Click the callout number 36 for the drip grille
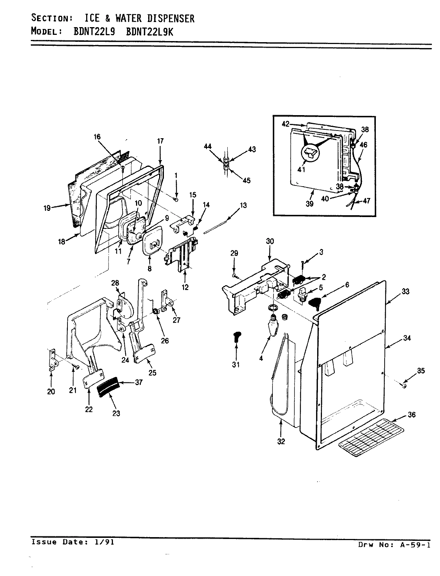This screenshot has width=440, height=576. pyautogui.click(x=412, y=415)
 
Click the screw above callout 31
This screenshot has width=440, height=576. pyautogui.click(x=236, y=335)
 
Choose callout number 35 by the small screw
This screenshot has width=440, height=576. pyautogui.click(x=421, y=371)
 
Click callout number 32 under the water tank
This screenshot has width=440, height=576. pyautogui.click(x=281, y=441)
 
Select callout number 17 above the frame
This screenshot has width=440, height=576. pyautogui.click(x=160, y=141)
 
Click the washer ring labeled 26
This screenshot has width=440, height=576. pyautogui.click(x=155, y=312)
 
